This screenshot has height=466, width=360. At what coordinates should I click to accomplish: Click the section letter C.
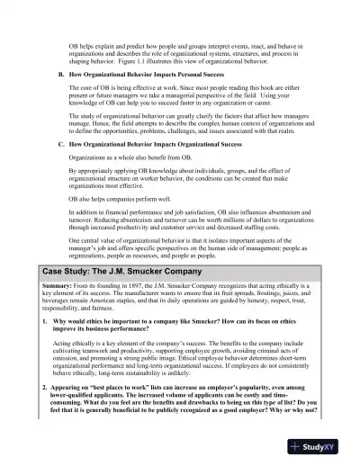(x=60, y=168)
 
